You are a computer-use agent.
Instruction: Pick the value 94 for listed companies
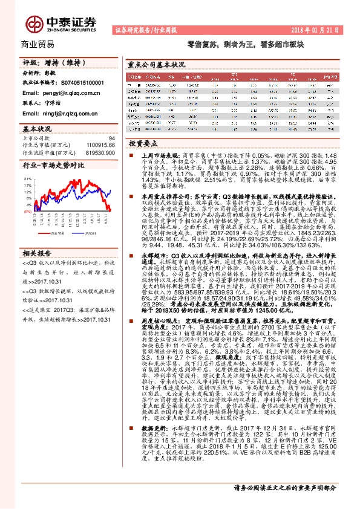(x=111, y=139)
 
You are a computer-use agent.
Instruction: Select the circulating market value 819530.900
(x=99, y=154)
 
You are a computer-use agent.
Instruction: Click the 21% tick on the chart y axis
(x=28, y=180)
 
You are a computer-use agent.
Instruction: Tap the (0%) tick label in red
(x=28, y=228)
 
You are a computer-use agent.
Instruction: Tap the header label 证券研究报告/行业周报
(x=145, y=28)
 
